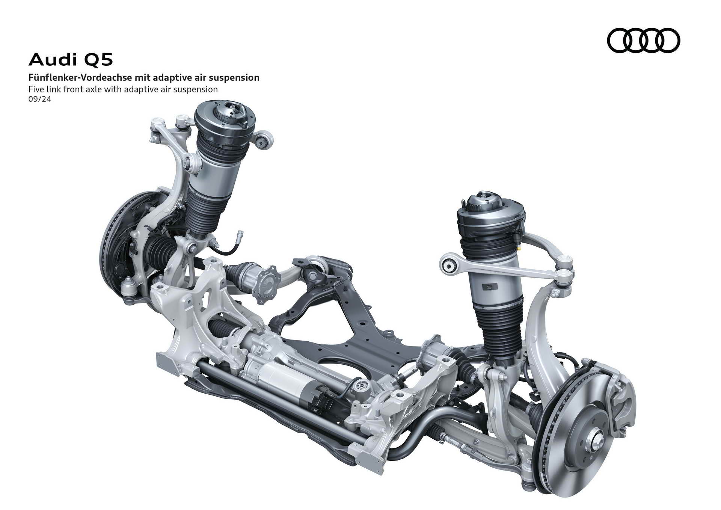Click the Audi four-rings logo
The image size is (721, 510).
(644, 40)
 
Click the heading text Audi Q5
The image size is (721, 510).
(71, 59)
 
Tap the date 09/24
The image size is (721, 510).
(39, 100)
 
